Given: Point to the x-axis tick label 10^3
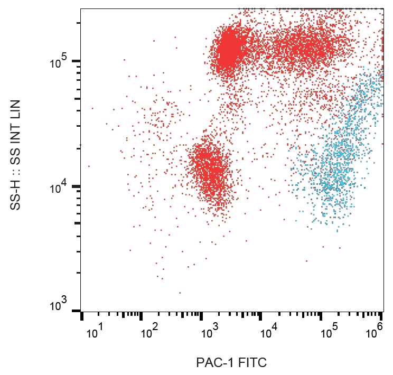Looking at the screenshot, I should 209,333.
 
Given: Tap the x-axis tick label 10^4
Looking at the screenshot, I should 269,333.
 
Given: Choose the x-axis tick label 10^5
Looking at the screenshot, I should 329,333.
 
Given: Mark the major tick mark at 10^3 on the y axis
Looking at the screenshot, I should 77,311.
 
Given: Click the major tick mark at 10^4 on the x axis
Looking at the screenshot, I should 261,316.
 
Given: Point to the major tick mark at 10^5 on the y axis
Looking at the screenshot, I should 77,61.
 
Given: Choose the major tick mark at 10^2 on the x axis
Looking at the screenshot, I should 141,316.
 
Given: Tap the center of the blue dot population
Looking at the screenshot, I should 338,158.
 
